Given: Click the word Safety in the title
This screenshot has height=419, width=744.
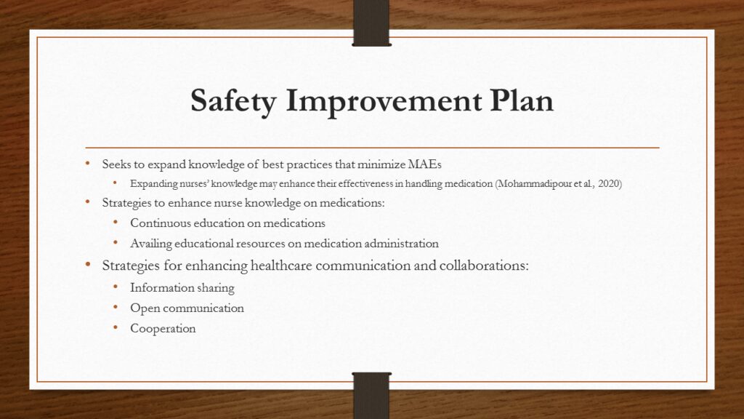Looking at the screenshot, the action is pos(233,100).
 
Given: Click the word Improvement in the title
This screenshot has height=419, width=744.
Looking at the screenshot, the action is pos(384,100).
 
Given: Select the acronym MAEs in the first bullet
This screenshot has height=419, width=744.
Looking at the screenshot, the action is pos(424,164).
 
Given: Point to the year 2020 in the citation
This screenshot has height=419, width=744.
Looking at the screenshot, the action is pos(609,183).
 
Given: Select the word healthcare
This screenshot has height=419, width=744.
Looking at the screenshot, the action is pos(281,265).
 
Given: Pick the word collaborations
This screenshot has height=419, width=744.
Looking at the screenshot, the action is pos(483,265).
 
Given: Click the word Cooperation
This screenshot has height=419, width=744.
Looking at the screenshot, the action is pos(163,329).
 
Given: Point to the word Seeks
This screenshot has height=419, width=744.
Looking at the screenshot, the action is pos(116,164).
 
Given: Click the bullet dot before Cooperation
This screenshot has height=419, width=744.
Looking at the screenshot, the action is pos(116,327).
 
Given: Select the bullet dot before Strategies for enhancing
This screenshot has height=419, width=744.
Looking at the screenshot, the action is pos(88,263).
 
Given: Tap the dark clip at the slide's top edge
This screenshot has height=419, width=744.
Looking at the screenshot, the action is pos(371,23).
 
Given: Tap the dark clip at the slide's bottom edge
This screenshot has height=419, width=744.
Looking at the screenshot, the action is pos(371,395).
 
